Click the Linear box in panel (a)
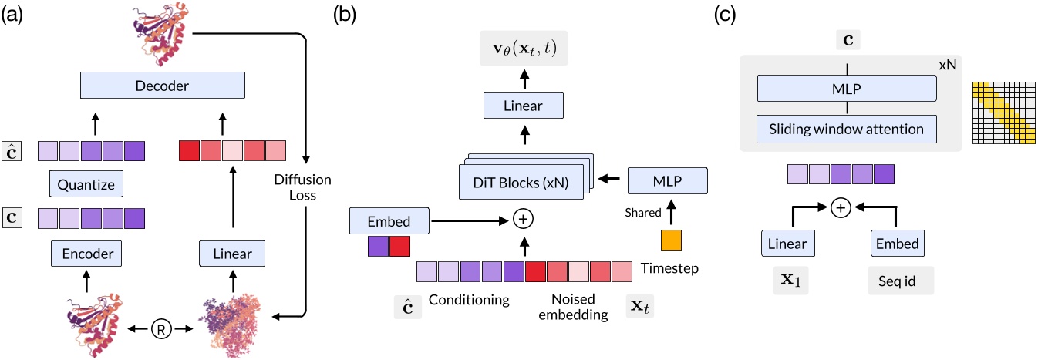point(231,251)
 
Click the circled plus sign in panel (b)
point(524,220)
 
